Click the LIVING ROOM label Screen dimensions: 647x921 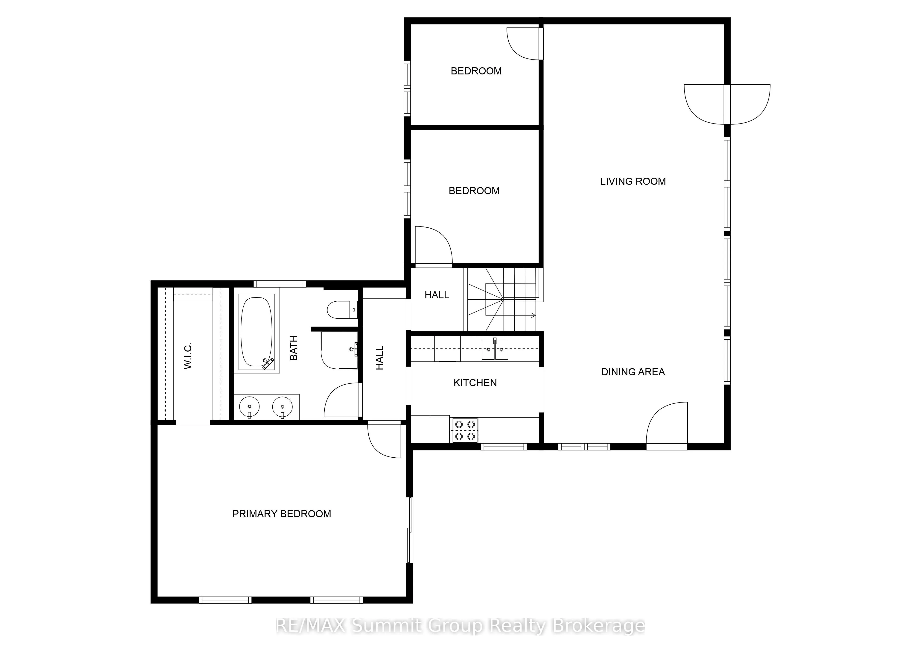[632, 181]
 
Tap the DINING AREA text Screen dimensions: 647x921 [632, 372]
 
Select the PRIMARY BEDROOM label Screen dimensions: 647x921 [282, 514]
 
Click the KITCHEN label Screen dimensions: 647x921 [475, 383]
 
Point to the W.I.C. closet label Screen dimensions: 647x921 [188, 356]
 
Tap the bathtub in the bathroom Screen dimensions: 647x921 [257, 332]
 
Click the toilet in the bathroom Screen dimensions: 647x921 [342, 310]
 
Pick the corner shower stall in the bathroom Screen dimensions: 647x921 [339, 350]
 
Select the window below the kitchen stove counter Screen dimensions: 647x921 [503, 446]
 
